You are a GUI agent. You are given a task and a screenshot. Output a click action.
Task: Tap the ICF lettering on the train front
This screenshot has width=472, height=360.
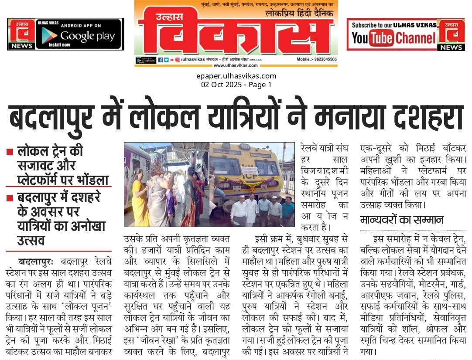pyautogui.click(x=260, y=179)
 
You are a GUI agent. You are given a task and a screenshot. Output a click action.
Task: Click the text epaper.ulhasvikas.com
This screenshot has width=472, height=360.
pyautogui.click(x=236, y=76)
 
